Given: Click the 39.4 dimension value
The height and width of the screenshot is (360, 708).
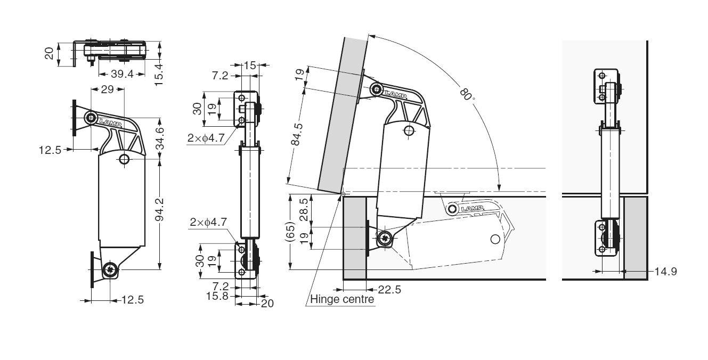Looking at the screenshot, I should (122, 74).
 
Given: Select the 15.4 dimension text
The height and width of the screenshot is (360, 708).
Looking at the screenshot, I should (158, 69).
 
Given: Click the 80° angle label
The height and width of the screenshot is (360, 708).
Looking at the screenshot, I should (467, 95).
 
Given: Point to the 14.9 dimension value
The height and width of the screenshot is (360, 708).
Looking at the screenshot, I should (666, 272).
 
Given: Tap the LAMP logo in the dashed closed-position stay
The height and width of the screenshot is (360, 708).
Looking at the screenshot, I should (472, 208).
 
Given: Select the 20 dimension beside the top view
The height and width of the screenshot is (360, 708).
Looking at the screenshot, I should (49, 54).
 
